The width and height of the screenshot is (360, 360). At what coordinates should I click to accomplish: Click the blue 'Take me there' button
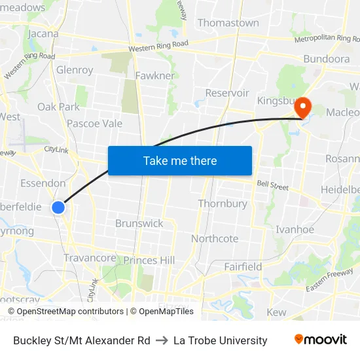(180, 160)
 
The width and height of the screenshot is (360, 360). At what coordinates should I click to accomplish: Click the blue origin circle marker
(58, 207)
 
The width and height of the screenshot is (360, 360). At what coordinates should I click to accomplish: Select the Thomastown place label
(228, 23)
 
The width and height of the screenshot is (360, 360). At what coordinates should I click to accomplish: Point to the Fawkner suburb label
(155, 76)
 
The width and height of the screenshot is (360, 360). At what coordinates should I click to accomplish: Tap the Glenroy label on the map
(75, 70)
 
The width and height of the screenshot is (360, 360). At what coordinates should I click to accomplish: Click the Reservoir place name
(227, 93)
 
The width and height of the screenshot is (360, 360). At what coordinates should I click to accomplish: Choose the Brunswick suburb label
(139, 223)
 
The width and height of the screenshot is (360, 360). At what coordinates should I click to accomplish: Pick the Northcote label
(215, 239)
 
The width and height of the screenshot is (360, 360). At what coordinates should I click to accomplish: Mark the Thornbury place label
(223, 204)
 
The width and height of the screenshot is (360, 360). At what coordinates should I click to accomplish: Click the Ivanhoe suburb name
(295, 229)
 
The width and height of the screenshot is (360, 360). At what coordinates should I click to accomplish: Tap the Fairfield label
(243, 266)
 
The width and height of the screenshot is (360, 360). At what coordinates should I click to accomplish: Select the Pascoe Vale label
(94, 123)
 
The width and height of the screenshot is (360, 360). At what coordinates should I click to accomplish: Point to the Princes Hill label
(149, 261)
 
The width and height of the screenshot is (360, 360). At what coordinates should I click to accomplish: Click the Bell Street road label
(272, 187)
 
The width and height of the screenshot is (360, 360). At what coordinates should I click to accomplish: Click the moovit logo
(320, 340)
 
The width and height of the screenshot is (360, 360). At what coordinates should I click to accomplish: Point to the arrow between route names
(162, 340)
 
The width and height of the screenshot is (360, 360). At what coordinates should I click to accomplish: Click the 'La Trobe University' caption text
(220, 340)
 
